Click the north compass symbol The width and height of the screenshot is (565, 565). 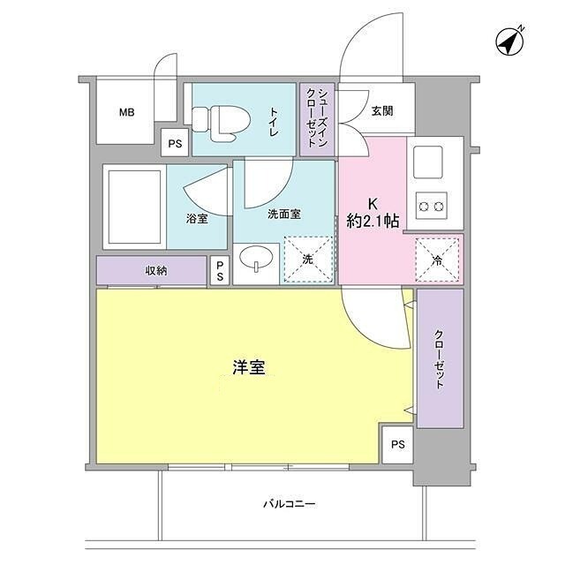click(508, 41)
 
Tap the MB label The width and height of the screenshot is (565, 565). click(127, 112)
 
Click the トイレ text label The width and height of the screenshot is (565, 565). click(274, 122)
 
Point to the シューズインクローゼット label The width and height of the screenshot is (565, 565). click(318, 119)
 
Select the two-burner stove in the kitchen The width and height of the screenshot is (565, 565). click(433, 207)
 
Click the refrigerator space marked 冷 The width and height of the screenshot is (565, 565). click(439, 259)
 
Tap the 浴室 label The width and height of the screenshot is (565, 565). click(197, 219)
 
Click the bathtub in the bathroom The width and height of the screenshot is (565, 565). click(133, 207)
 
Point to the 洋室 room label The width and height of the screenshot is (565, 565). click(250, 368)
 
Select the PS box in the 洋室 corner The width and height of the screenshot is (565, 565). click(397, 444)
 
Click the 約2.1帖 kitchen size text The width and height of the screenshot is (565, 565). click(373, 222)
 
